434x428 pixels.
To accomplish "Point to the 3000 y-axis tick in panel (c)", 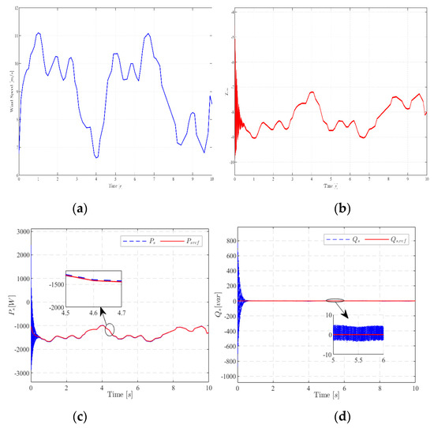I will click(20, 231).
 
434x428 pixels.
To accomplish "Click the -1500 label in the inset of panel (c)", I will click(55, 279).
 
